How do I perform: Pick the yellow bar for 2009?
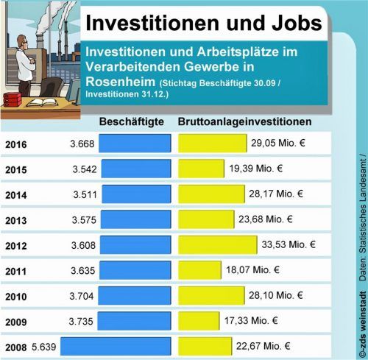tap(201, 320)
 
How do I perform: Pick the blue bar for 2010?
tap(134, 295)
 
